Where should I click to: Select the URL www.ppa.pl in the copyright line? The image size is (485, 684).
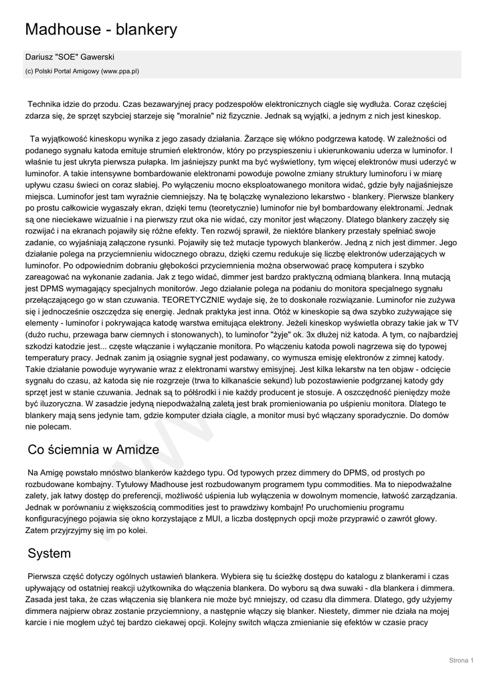click(x=120, y=70)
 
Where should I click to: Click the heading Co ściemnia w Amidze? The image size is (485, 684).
click(x=93, y=450)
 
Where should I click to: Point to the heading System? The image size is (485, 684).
click(x=49, y=554)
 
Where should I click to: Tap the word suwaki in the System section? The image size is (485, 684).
click(x=362, y=588)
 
